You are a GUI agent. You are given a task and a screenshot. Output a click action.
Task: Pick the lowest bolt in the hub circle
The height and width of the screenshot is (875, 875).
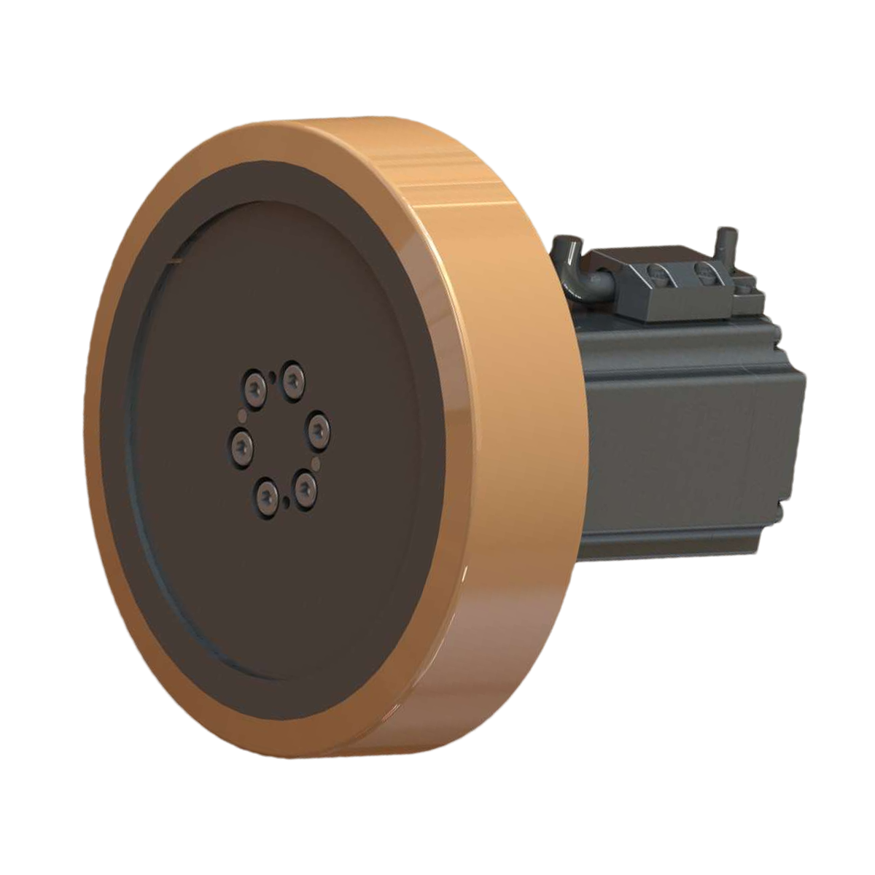[x=267, y=496]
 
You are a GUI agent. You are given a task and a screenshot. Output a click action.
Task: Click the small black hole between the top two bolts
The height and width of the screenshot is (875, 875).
[x=273, y=375]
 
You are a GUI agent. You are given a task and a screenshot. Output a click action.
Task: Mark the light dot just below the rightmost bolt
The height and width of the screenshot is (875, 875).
[x=316, y=462]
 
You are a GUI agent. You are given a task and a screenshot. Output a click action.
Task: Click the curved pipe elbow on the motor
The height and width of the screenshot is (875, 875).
[x=576, y=281]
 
